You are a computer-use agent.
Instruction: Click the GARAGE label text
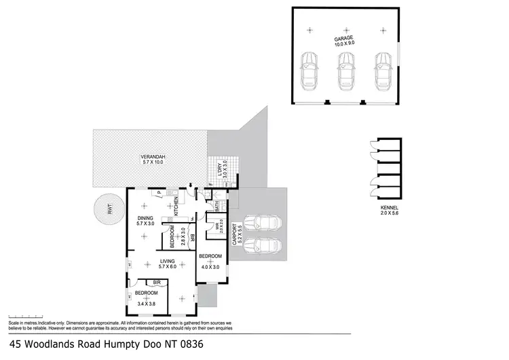(344, 39)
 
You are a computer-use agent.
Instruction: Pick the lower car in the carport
(261, 244)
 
